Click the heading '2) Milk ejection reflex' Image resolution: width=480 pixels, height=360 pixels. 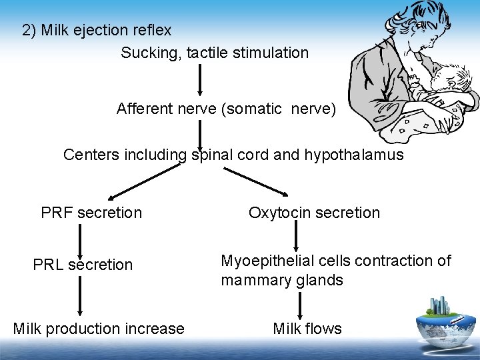97,31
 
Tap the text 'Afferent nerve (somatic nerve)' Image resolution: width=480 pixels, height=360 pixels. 226,109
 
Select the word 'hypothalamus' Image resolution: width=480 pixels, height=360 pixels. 353,155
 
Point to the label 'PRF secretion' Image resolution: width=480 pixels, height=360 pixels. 91,213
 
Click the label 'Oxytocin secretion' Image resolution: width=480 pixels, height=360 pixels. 314,213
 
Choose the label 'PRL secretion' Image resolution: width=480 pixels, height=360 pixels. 83,265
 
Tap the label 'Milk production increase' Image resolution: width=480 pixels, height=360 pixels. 99,329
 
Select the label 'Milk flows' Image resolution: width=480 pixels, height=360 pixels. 307,329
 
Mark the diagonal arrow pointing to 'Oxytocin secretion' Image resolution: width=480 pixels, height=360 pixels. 255,181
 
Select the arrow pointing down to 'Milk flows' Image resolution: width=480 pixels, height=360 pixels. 301,305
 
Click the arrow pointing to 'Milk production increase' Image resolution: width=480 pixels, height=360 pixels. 80,295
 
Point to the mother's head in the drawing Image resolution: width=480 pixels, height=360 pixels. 417,27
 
